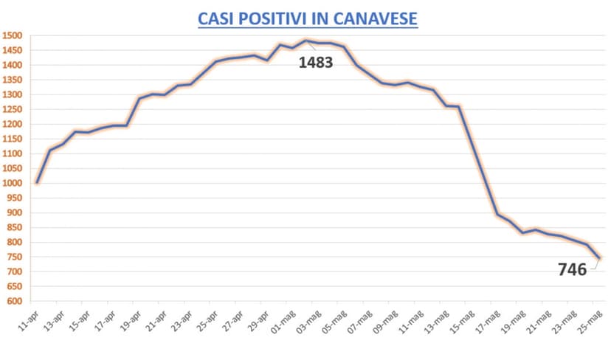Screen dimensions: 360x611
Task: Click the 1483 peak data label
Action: click(316, 63)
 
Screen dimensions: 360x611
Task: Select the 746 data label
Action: click(573, 269)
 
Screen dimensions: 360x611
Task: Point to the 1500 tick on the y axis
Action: click(13, 35)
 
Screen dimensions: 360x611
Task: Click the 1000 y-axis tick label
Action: click(13, 183)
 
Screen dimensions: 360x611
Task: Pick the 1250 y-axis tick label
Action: click(13, 109)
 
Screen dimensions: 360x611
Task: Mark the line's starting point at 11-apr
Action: click(37, 182)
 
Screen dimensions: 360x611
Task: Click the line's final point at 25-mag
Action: click(600, 257)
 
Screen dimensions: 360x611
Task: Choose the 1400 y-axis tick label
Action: click(13, 65)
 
